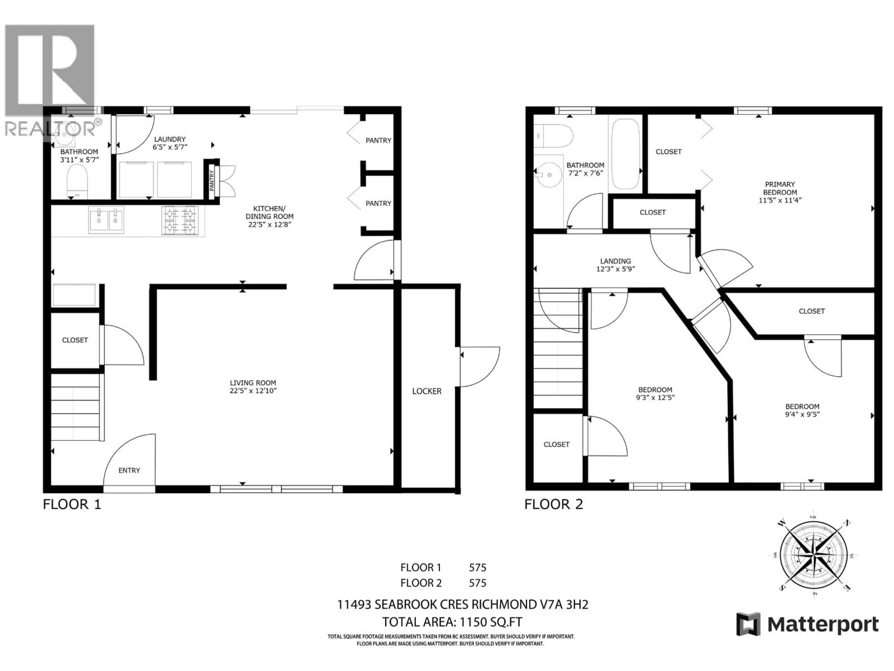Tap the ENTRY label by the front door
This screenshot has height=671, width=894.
click(x=129, y=470)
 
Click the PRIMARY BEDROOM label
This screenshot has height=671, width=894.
click(x=780, y=188)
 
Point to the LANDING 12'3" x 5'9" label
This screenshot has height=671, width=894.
click(x=616, y=265)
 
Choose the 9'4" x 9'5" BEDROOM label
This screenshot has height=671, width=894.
click(x=802, y=410)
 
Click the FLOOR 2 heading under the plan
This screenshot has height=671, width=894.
click(x=554, y=504)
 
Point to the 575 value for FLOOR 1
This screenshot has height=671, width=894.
click(x=477, y=568)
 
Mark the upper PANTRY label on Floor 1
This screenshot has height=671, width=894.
click(x=378, y=140)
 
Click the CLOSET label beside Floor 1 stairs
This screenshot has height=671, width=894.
click(x=75, y=340)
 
